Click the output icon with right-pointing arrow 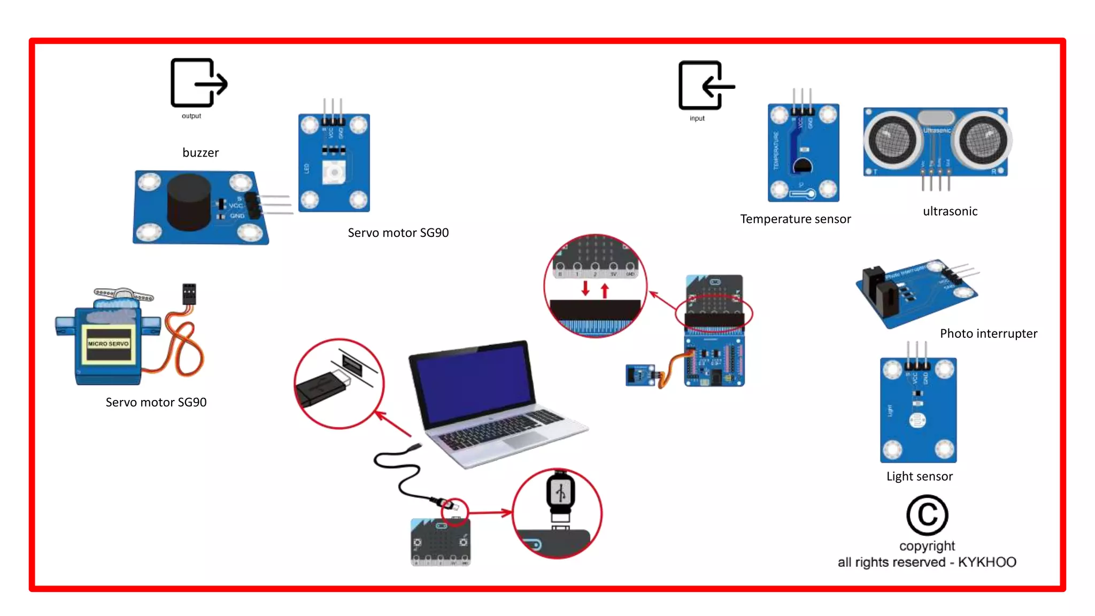[x=198, y=83]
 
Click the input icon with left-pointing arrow [x=706, y=86]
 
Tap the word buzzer [x=201, y=153]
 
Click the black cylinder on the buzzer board [x=189, y=202]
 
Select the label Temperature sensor [x=795, y=219]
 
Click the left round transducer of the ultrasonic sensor [x=892, y=141]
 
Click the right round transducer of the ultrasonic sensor [x=983, y=141]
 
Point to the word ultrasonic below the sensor [x=950, y=212]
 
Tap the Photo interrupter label [x=988, y=334]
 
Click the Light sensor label [x=919, y=476]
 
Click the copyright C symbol [x=927, y=515]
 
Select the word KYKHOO [x=987, y=562]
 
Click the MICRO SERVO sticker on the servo [x=109, y=344]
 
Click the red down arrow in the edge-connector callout [x=585, y=288]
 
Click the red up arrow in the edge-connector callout [x=605, y=290]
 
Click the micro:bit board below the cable [x=441, y=542]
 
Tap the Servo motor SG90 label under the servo [x=156, y=403]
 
